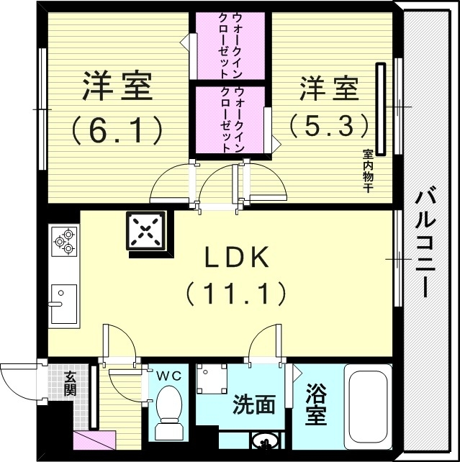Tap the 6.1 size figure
coord(115,130)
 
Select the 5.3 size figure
coord(329,126)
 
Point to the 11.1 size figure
coord(236,293)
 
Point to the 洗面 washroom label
coord(253,405)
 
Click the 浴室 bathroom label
coord(316,404)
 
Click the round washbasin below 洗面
coord(263,440)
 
